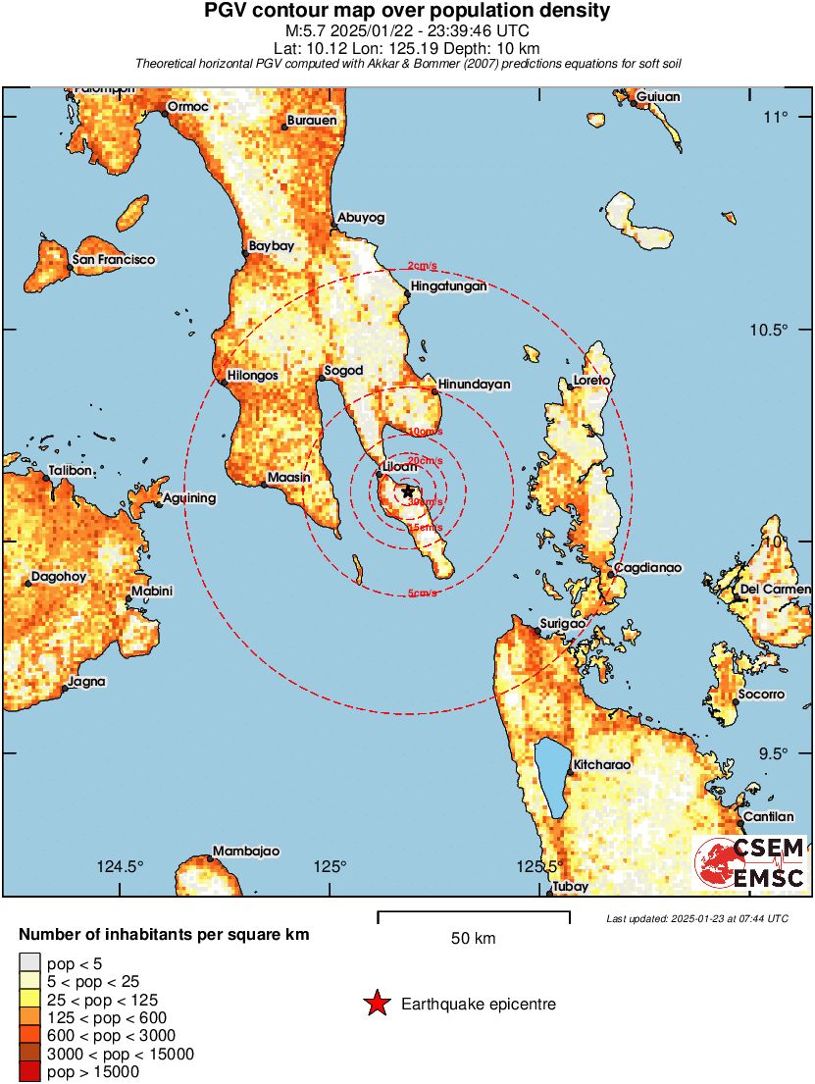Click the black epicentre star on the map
(408, 491)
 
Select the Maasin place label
(289, 478)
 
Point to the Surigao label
(563, 624)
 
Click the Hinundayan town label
(474, 385)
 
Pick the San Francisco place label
(113, 260)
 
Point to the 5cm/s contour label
(424, 594)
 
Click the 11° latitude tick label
(776, 118)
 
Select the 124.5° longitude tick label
(121, 866)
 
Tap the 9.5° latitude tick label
(775, 753)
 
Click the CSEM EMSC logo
(750, 863)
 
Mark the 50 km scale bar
(474, 917)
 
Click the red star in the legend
(375, 1004)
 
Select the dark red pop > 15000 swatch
(30, 1072)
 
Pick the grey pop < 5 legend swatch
(30, 964)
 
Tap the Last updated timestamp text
(696, 918)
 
